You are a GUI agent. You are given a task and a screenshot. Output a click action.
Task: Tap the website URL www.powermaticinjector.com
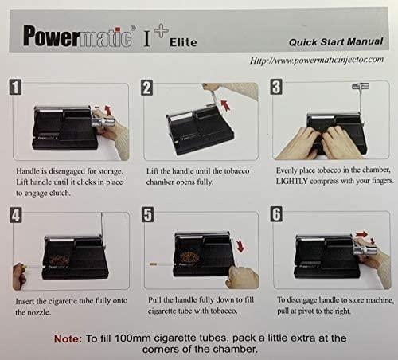(316, 60)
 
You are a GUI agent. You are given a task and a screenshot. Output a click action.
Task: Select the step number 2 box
(147, 88)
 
